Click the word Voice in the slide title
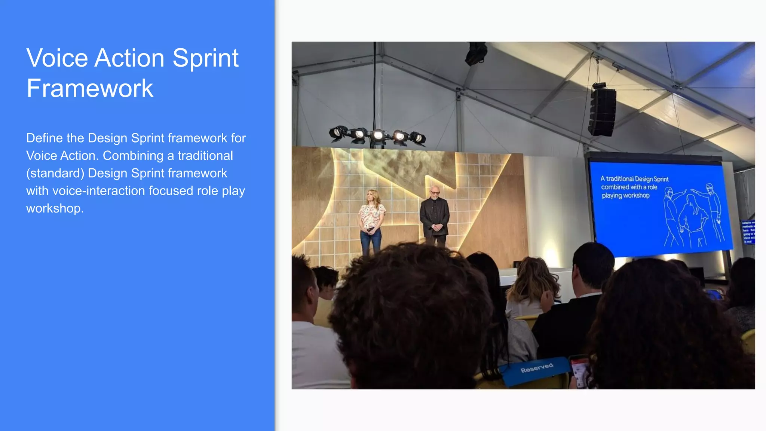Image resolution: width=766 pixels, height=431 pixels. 58,58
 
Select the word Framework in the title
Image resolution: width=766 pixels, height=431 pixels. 90,89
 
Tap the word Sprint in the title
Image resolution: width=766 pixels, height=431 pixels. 205,58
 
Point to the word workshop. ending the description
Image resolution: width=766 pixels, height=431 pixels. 55,208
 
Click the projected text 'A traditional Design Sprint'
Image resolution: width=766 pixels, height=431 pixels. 634,179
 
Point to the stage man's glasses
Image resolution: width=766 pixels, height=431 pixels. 435,193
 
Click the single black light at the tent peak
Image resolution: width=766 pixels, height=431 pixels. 476,54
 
